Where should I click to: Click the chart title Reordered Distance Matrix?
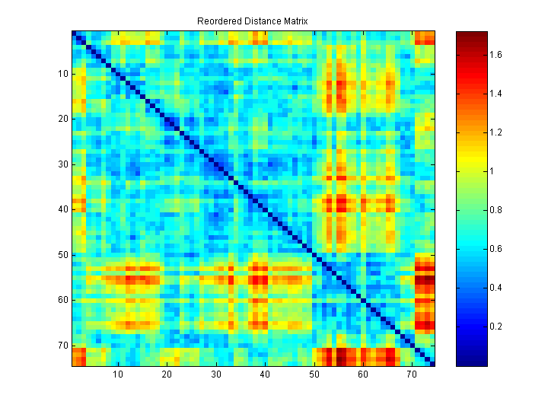coord(252,21)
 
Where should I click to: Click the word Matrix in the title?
coord(294,21)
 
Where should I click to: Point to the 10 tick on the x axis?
coord(118,374)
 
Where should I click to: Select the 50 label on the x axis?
coord(314,374)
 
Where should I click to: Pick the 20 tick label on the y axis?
coord(63,119)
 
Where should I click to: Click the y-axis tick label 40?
coord(63,209)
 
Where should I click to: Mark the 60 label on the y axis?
coord(63,300)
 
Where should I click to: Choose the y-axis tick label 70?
coord(63,345)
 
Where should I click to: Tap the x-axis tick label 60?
coord(363,374)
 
